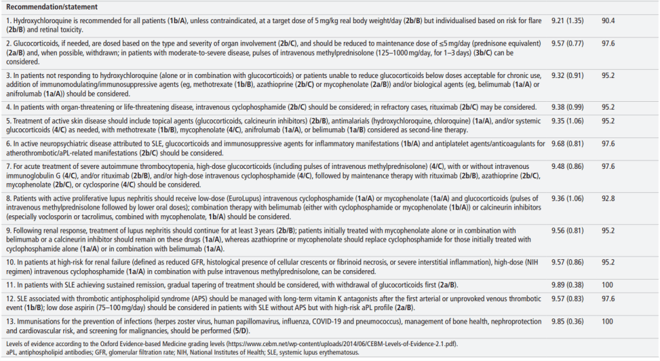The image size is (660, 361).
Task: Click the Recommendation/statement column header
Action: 50,7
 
